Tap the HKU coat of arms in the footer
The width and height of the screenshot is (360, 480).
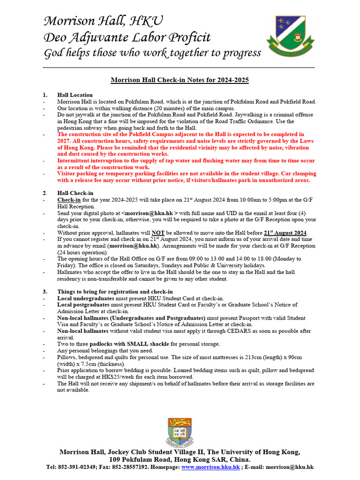[x=180, y=432]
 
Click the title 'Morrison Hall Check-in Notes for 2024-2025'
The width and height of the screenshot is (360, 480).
[x=180, y=80]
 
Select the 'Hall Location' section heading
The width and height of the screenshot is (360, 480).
[x=75, y=95]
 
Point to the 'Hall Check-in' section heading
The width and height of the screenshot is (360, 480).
[x=75, y=193]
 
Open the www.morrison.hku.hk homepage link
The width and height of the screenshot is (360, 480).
[x=211, y=467]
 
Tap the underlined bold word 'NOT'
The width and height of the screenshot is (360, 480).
[x=158, y=232]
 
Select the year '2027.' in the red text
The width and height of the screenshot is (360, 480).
[x=65, y=141]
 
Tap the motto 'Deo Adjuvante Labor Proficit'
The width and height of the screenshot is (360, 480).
[x=127, y=37]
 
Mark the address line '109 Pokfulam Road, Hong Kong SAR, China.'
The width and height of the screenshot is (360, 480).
[x=180, y=460]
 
